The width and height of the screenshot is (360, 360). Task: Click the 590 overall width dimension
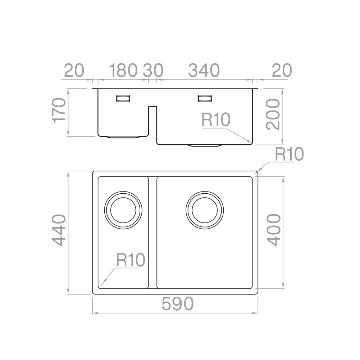pyautogui.click(x=177, y=305)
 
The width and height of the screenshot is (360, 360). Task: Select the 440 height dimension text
pyautogui.click(x=59, y=230)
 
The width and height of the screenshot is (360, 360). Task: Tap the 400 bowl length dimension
pyautogui.click(x=274, y=230)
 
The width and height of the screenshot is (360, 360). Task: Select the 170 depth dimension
pyautogui.click(x=59, y=111)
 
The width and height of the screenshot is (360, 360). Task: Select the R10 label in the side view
pyautogui.click(x=215, y=120)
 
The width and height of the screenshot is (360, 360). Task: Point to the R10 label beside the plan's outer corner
pyautogui.click(x=289, y=154)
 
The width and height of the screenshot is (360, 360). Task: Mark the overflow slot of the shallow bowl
pyautogui.click(x=123, y=98)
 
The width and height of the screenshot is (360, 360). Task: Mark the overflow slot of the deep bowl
pyautogui.click(x=205, y=98)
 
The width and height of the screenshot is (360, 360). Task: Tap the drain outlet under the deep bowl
pyautogui.click(x=205, y=145)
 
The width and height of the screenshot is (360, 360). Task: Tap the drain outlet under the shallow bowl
pyautogui.click(x=123, y=137)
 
